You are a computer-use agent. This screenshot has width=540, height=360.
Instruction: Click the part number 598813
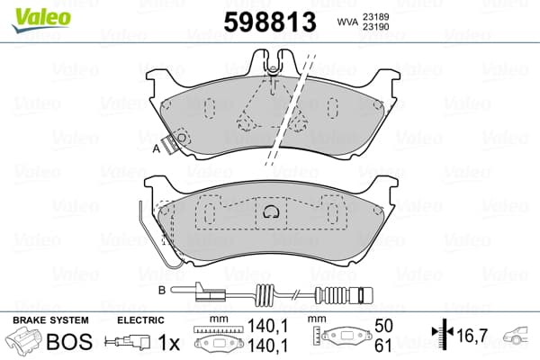click(267, 22)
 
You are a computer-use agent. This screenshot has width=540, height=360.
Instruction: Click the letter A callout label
click(156, 150)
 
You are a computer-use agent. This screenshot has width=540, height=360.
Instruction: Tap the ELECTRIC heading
click(140, 320)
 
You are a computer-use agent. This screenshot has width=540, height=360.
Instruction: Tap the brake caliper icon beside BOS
click(26, 342)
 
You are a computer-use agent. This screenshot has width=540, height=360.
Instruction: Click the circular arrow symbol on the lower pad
click(271, 212)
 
